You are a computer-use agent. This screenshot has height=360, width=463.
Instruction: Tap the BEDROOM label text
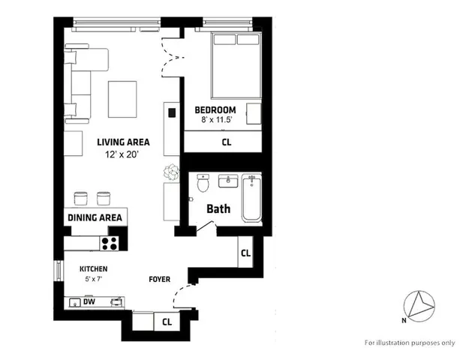click(x=215, y=109)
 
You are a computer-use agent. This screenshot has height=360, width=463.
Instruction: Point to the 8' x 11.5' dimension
click(x=218, y=120)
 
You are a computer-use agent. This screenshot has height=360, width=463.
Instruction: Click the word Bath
click(x=218, y=209)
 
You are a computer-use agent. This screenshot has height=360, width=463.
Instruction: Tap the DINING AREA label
click(x=95, y=217)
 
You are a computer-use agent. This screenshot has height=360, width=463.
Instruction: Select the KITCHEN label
click(x=94, y=269)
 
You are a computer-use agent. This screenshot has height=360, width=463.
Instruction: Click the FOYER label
click(x=158, y=280)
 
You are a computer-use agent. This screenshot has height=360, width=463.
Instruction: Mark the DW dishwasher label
click(x=89, y=303)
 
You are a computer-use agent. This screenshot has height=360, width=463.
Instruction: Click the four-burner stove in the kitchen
click(x=110, y=243)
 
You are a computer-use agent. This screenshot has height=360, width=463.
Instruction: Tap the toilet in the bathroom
click(x=201, y=184)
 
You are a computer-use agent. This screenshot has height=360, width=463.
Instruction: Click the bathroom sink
click(x=227, y=181)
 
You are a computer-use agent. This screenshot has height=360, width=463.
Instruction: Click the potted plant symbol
click(x=173, y=172)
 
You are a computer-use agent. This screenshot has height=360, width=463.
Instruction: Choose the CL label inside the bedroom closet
click(x=226, y=141)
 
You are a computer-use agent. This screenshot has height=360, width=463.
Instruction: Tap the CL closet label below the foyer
click(x=167, y=322)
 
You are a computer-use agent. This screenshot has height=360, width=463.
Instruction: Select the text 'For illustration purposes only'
click(x=410, y=343)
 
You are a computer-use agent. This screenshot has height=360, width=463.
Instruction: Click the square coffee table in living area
click(x=123, y=98)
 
